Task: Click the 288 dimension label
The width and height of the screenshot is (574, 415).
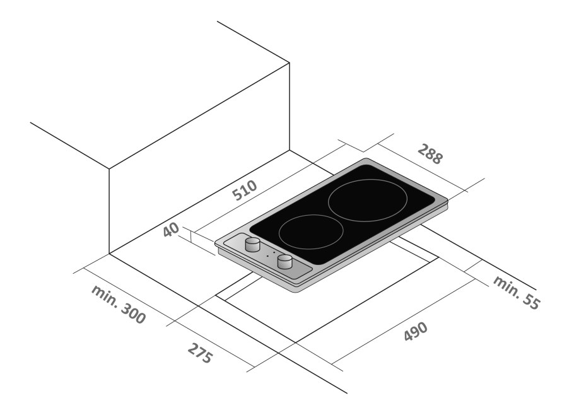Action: tap(430, 154)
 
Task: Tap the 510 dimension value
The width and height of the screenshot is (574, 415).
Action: tap(245, 190)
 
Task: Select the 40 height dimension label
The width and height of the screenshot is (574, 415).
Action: tap(171, 230)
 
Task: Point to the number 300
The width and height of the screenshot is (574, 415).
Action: tap(133, 313)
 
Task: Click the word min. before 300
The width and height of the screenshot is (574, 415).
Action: tap(104, 296)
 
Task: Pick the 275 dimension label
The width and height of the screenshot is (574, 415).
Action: tap(200, 353)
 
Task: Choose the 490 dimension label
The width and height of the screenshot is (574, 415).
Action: tap(416, 331)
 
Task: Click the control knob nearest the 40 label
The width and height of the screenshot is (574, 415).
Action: tap(252, 245)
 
